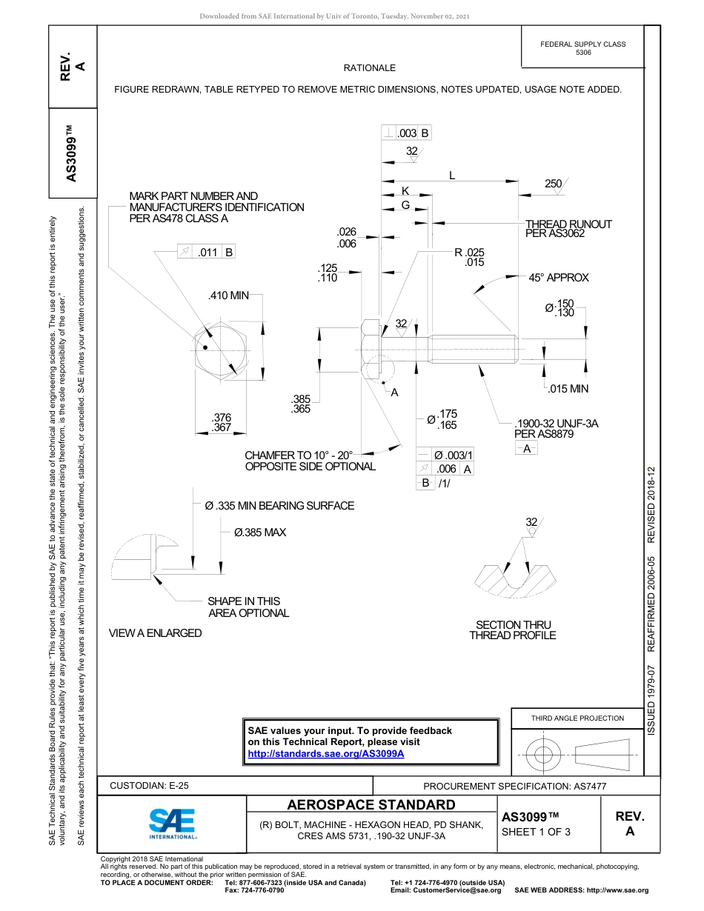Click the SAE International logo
[172, 823]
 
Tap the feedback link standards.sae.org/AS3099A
[325, 753]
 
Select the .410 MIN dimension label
[229, 296]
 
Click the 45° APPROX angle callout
[558, 278]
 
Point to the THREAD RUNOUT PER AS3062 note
[568, 228]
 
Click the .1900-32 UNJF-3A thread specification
[556, 424]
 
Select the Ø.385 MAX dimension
[259, 533]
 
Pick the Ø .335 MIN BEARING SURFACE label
[279, 506]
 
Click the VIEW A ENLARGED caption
[155, 633]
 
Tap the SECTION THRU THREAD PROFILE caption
[512, 630]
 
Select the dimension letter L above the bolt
[452, 176]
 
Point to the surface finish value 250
[553, 183]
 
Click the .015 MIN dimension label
[568, 389]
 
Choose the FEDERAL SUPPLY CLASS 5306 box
[582, 48]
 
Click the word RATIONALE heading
[369, 68]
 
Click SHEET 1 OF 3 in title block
[536, 832]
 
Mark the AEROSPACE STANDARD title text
[371, 805]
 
